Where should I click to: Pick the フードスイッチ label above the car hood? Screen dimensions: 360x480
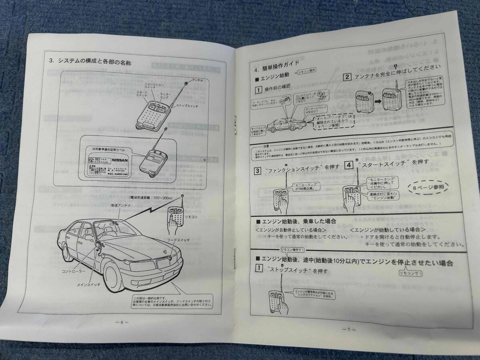(x=178, y=239)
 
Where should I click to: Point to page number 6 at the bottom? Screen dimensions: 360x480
(x=122, y=323)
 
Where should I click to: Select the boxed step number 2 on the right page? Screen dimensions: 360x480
(x=348, y=76)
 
